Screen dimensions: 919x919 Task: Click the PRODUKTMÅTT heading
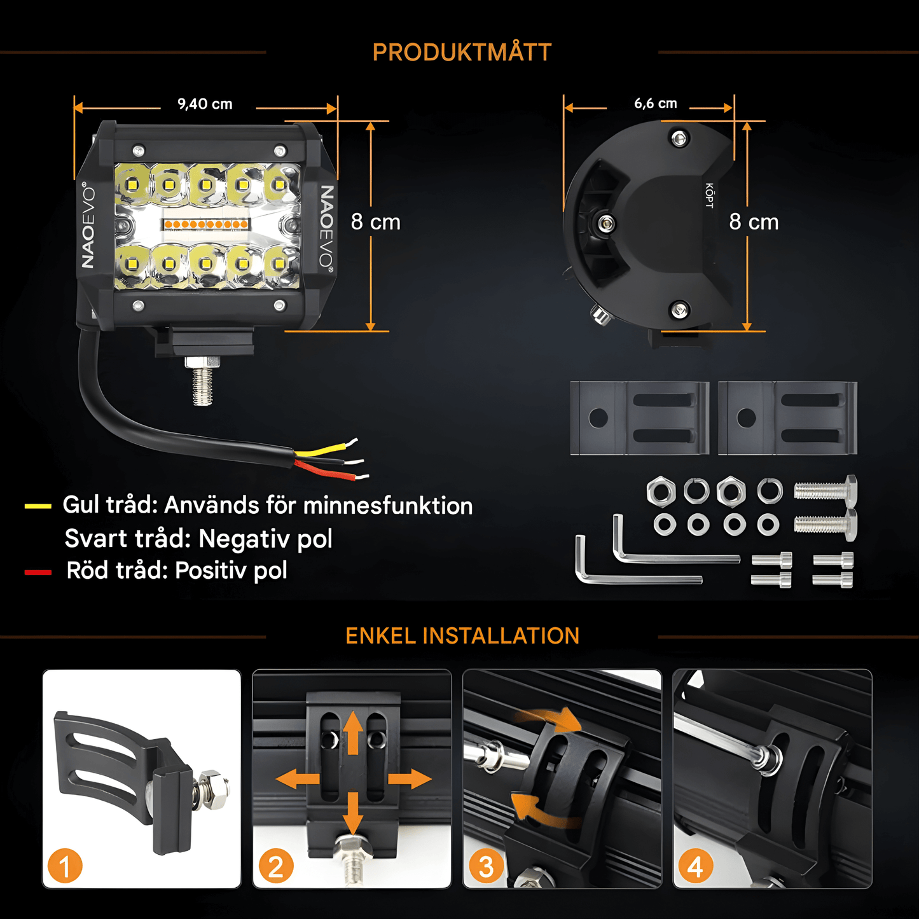click(x=462, y=53)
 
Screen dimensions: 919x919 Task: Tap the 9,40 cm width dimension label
click(x=205, y=104)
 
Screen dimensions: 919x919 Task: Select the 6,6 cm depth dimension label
click(x=655, y=104)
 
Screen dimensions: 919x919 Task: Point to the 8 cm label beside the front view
click(x=376, y=222)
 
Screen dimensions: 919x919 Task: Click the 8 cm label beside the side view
click(x=754, y=222)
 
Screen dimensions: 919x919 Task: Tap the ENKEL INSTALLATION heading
click(x=462, y=636)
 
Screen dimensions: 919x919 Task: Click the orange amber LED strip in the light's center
click(x=206, y=225)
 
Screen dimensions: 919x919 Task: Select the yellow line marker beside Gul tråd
click(x=38, y=506)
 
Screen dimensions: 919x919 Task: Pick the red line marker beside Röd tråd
click(x=38, y=572)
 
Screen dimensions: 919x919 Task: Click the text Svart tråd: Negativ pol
click(x=198, y=539)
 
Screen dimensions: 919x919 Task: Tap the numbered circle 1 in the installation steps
click(x=65, y=866)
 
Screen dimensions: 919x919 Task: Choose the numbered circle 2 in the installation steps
click(x=275, y=866)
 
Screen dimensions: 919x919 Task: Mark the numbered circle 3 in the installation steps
click(x=486, y=866)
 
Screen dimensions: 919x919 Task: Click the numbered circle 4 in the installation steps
click(x=696, y=866)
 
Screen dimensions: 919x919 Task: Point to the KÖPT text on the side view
click(x=709, y=195)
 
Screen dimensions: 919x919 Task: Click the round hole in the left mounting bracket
click(x=598, y=418)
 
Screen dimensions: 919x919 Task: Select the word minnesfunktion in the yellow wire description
click(x=388, y=506)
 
